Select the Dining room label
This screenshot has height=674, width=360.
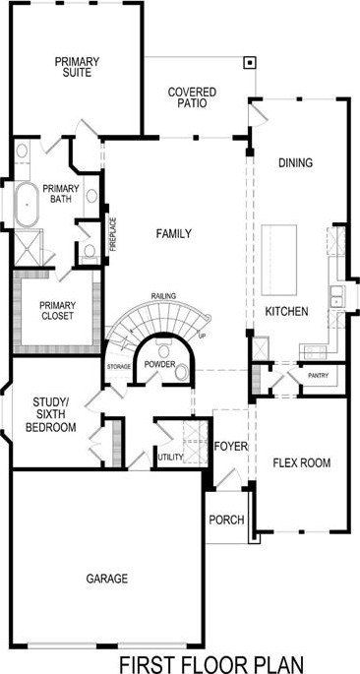[x=295, y=163]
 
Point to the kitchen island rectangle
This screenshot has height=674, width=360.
[x=278, y=258]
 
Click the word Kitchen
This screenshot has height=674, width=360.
[x=287, y=311]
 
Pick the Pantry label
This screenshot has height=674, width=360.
[x=318, y=375]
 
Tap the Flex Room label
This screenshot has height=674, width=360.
[x=301, y=462]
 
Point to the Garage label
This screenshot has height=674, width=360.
[x=107, y=579]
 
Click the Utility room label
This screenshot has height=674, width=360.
[x=170, y=457]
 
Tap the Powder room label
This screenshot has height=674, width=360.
[x=159, y=364]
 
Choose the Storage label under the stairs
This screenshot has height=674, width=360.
[x=119, y=366]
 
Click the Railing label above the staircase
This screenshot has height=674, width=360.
[x=163, y=295]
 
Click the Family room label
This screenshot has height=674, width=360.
[x=173, y=234]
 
